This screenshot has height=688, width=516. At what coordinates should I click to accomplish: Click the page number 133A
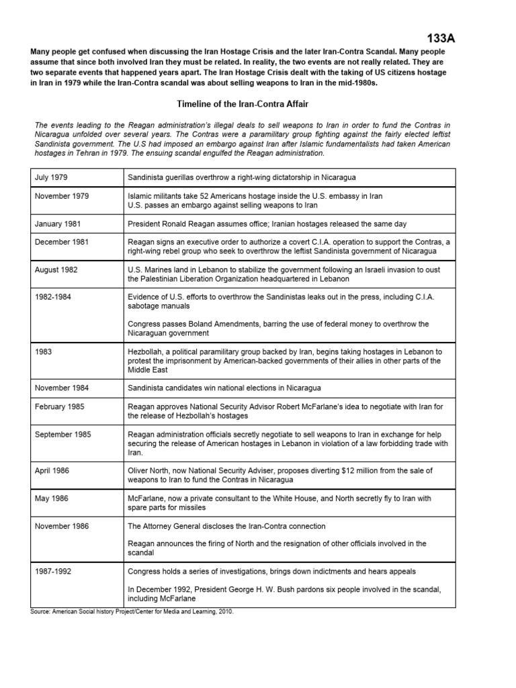[441, 39]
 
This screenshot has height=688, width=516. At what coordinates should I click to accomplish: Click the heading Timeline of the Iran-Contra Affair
[243, 104]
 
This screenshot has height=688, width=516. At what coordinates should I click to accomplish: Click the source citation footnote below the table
[132, 612]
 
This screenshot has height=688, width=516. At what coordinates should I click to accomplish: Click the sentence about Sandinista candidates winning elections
[224, 388]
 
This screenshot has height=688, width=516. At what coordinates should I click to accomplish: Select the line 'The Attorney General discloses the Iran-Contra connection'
[228, 526]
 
